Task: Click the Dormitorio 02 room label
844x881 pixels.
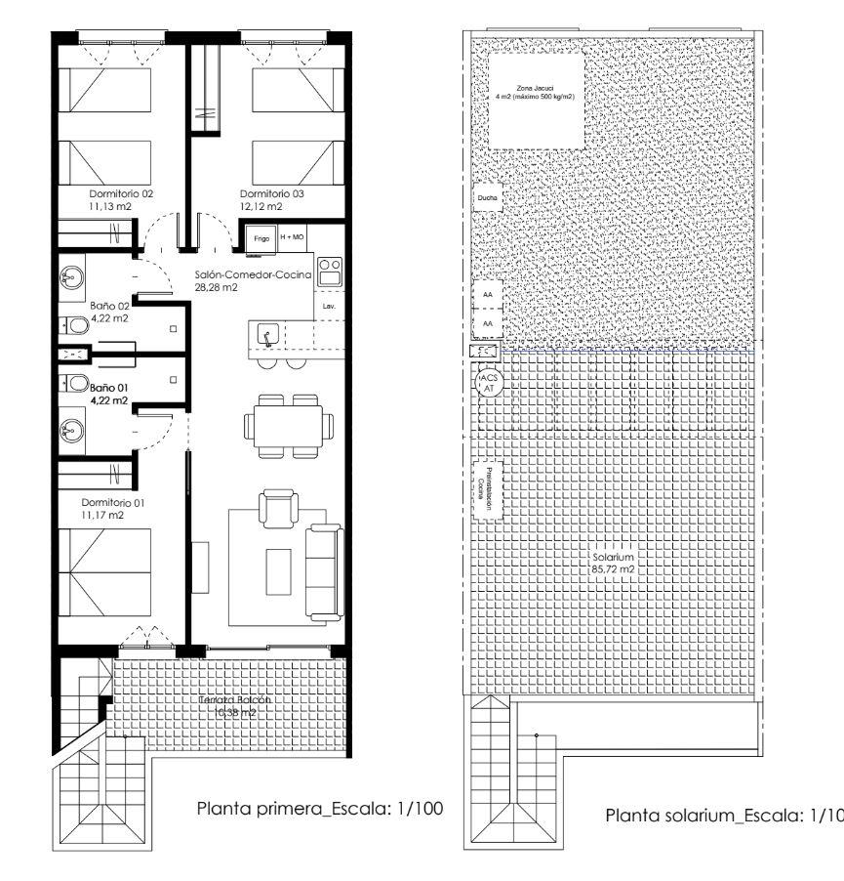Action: pos(120,193)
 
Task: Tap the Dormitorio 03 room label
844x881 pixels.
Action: pos(272,193)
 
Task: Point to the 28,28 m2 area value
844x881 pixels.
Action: pos(217,288)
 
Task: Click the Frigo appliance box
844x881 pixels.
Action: pos(261,237)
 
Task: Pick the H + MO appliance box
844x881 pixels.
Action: pos(293,237)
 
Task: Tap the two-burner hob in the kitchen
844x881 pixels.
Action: pos(330,271)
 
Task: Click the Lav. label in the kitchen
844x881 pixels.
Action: pos(329,307)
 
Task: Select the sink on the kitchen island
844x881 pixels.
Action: pos(265,337)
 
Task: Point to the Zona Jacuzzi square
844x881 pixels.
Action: pos(535,99)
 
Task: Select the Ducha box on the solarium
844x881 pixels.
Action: pos(485,198)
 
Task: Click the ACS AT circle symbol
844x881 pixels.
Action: pos(489,382)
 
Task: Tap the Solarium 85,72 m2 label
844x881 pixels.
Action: pos(614,564)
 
